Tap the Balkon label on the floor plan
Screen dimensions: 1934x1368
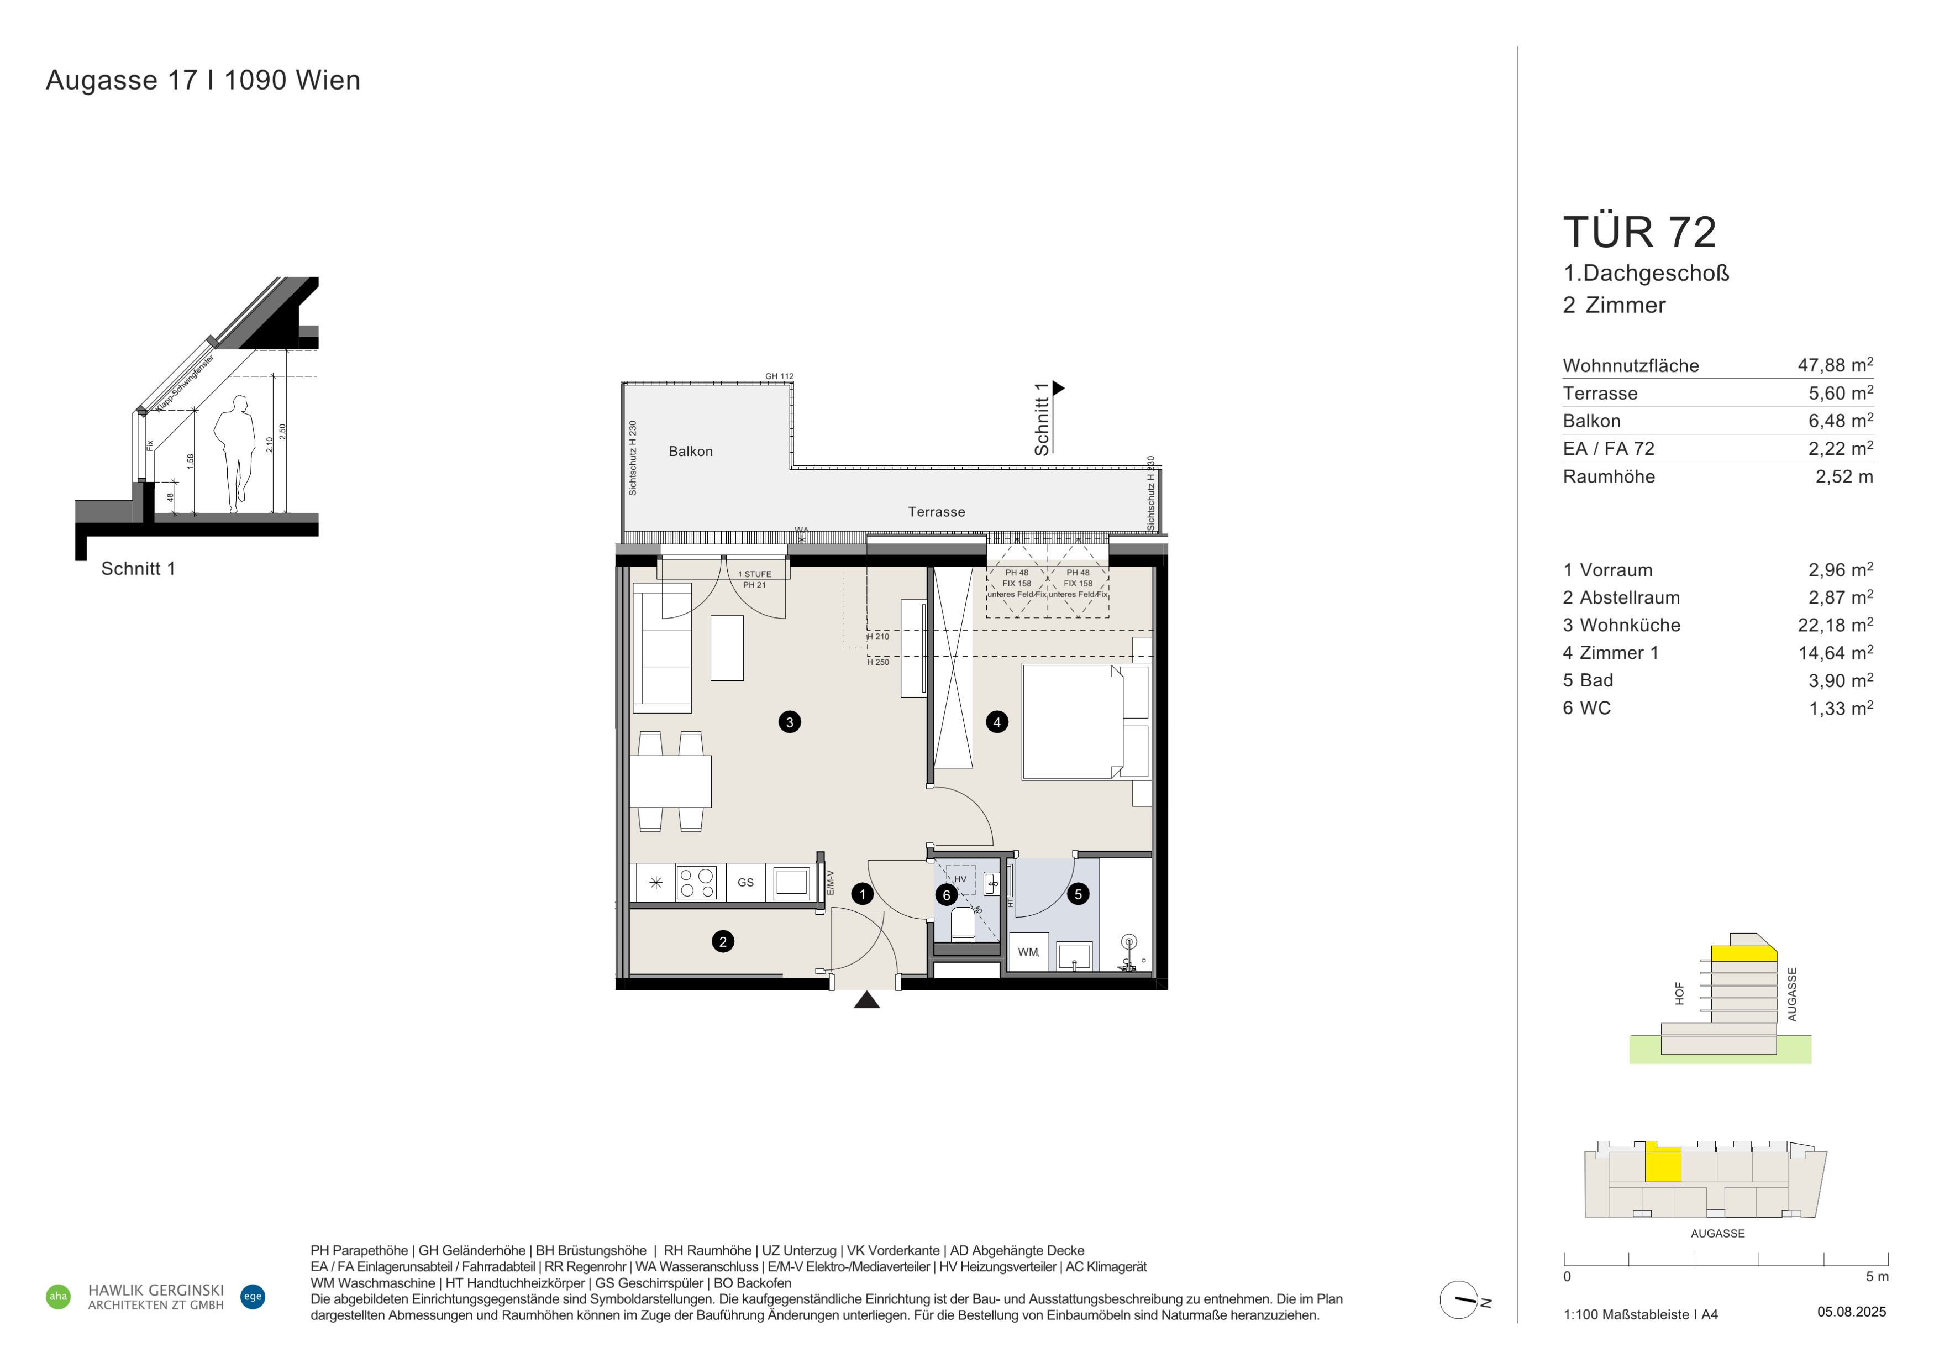pos(691,452)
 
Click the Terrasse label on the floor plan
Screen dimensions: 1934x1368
pos(937,512)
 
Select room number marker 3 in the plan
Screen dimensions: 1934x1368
pos(789,722)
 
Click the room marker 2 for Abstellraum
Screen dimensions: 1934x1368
pos(723,942)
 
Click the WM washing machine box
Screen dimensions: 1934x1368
pos(1028,952)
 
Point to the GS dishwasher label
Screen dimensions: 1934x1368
pos(745,883)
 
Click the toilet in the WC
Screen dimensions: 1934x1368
pos(963,925)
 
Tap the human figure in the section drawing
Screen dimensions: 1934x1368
pos(235,454)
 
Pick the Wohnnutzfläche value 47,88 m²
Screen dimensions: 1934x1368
pos(1836,365)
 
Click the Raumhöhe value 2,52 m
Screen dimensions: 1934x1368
pos(1844,477)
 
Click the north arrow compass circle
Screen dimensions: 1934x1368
pos(1459,1300)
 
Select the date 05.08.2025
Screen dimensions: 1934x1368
pos(1852,1312)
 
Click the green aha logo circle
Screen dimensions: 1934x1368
pos(58,1296)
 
